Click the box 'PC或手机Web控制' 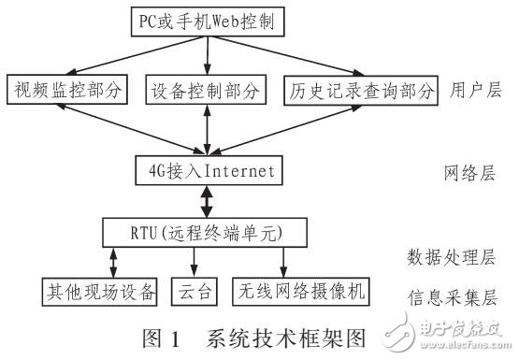[x=208, y=20]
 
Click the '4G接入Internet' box [x=206, y=172]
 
